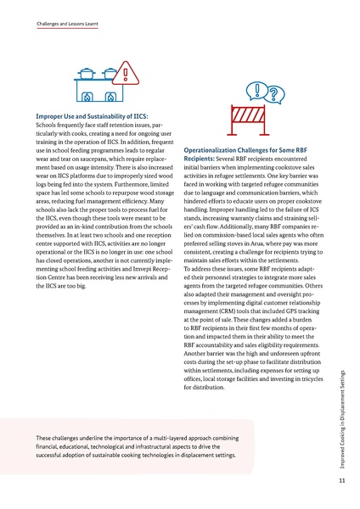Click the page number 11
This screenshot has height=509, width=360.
pos(338,481)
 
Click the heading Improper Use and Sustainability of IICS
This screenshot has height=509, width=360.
pos(92,114)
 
